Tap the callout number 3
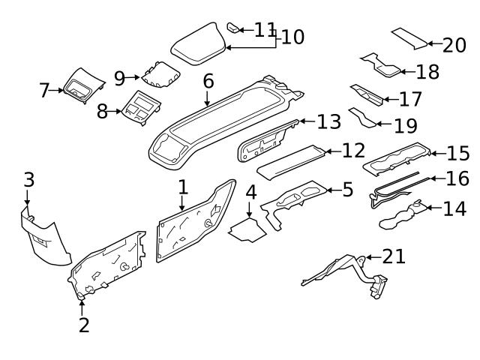pos(28,180)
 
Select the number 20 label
pos(454,46)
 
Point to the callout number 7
pos(44,91)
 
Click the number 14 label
pos(454,208)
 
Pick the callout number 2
pos(84,325)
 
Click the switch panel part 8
pos(139,109)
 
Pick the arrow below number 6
pos(207,97)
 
